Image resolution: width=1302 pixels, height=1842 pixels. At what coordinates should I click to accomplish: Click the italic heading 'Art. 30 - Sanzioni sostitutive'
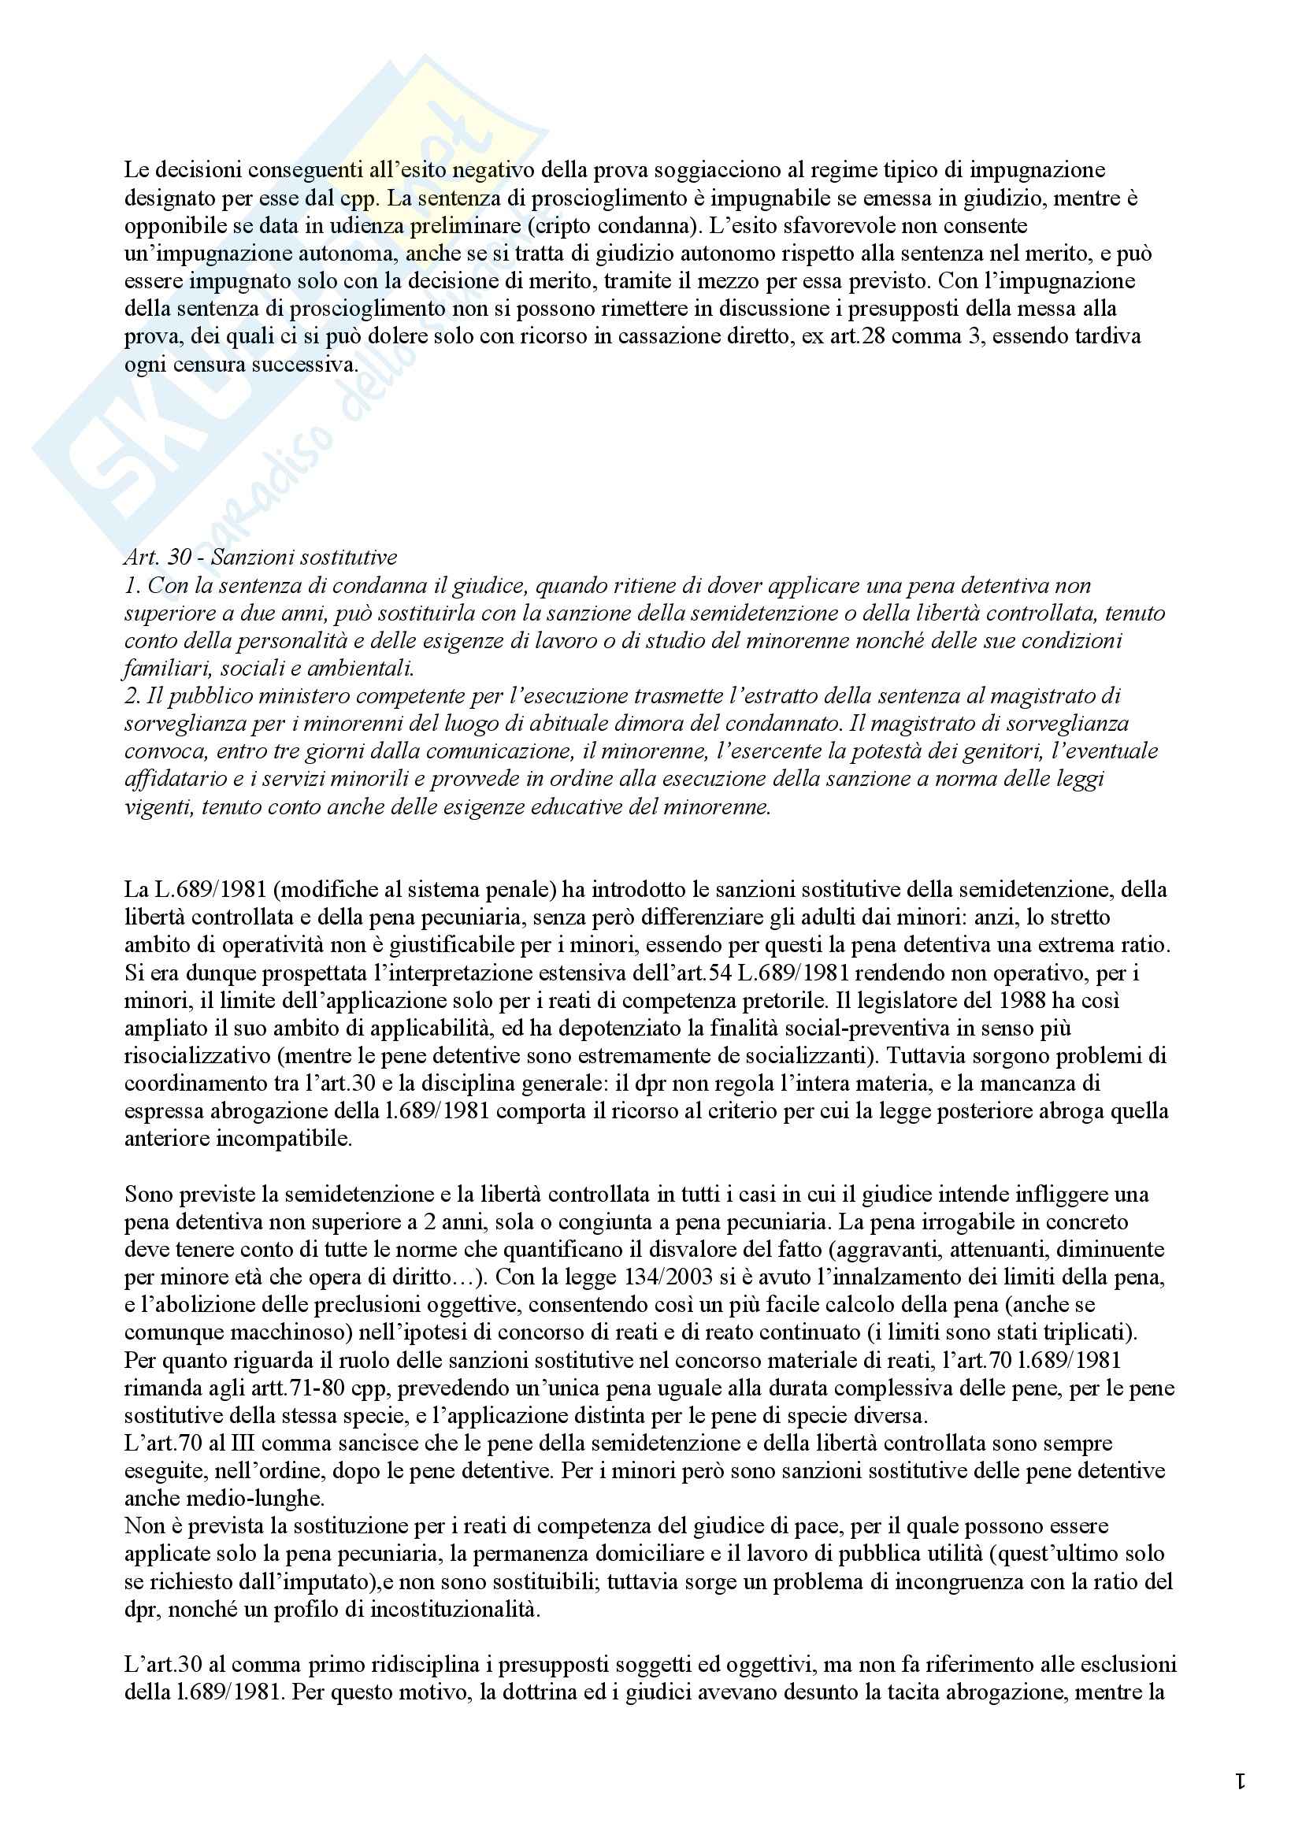[261, 558]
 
